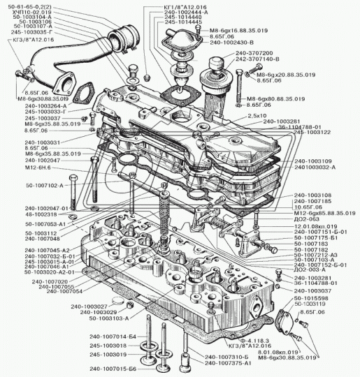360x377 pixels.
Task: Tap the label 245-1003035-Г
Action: point(30,32)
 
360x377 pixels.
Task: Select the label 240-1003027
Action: point(89,306)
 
